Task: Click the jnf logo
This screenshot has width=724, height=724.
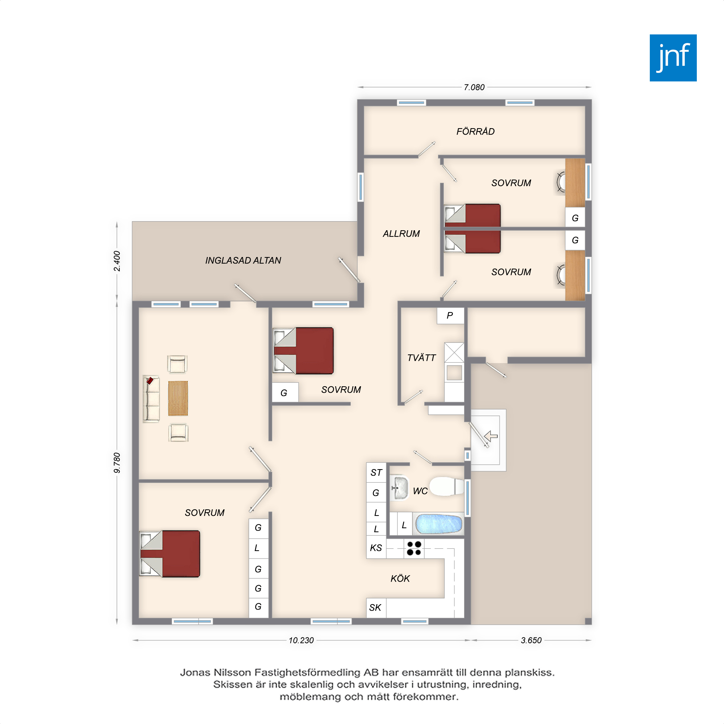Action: (673, 58)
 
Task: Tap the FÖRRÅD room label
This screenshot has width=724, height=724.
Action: (475, 131)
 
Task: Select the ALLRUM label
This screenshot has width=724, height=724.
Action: (401, 233)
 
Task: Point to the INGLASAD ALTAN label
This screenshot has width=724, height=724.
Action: (243, 260)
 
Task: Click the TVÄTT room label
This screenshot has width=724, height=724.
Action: (422, 358)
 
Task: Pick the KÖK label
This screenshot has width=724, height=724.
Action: (400, 578)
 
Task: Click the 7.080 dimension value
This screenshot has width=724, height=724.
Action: (474, 87)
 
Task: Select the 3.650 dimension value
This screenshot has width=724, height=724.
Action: (531, 640)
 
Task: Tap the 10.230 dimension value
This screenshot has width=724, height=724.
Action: (301, 640)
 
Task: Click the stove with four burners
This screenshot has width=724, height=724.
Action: (414, 548)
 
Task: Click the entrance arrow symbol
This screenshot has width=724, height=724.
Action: (491, 436)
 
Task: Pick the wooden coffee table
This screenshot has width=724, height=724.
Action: (178, 398)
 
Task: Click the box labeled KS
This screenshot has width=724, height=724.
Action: (376, 547)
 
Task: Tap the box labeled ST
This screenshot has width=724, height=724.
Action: (376, 472)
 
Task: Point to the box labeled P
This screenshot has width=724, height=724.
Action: (450, 316)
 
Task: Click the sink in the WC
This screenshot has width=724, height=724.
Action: (399, 488)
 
